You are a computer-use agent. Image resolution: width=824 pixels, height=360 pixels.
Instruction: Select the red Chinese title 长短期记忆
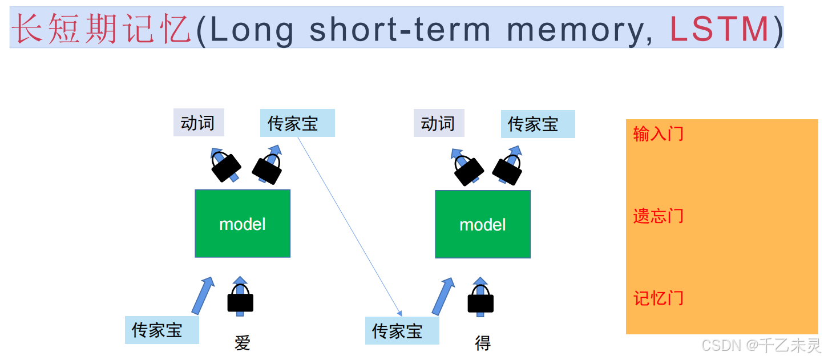point(101,29)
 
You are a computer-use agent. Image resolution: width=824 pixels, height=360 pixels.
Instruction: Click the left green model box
point(243,224)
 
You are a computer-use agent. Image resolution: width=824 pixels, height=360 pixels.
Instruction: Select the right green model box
point(483,224)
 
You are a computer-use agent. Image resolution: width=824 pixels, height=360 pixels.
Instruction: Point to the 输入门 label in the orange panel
point(658,135)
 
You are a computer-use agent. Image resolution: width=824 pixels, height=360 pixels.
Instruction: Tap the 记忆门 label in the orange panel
point(658,298)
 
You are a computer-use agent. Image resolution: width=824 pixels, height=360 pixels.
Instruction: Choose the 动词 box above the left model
point(199,123)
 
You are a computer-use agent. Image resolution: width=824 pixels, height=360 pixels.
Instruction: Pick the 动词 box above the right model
point(438,123)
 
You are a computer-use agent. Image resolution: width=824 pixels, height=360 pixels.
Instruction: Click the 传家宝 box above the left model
point(297,123)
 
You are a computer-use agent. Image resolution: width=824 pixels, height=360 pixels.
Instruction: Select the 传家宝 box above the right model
point(538,124)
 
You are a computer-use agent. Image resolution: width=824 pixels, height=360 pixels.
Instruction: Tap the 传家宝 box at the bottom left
point(161,330)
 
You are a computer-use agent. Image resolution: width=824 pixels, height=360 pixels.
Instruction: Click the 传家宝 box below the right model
point(402,331)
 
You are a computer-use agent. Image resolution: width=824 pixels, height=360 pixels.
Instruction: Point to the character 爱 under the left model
point(243,343)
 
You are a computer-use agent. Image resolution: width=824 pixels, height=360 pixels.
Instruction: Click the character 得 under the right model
point(483,343)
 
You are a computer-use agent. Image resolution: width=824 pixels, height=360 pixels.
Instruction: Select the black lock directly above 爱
point(240,301)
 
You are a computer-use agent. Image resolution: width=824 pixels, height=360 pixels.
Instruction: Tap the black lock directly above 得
point(480,301)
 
